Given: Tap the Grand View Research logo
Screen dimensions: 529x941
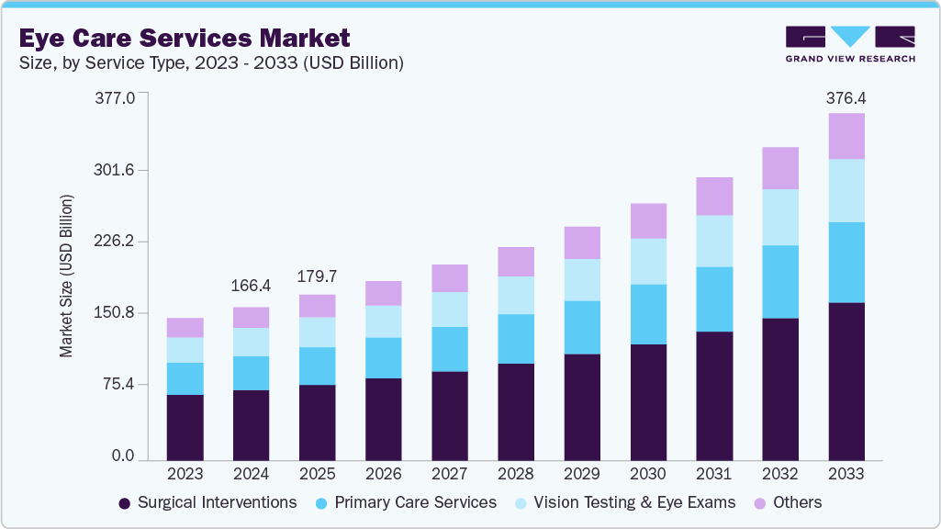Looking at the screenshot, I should (x=849, y=43).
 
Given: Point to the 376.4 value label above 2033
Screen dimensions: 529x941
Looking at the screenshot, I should (x=846, y=97).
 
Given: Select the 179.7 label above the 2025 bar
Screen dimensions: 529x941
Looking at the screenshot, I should (x=317, y=276).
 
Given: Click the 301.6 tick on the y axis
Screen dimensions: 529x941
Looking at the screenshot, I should (x=115, y=171).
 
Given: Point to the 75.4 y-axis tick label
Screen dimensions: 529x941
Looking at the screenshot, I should (x=118, y=384).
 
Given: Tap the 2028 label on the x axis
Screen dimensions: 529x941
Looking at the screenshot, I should (x=515, y=475).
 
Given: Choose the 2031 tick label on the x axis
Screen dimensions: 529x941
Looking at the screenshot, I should (x=714, y=475).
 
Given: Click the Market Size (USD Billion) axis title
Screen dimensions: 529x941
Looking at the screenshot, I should (x=67, y=276).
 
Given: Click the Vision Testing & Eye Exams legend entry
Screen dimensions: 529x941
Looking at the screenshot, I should (x=624, y=502).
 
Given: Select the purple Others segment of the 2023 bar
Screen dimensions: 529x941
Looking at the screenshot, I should (x=185, y=328).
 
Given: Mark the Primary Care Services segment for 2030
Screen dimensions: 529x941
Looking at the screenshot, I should (x=648, y=314).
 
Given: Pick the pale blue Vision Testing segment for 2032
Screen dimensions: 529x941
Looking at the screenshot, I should (x=780, y=218).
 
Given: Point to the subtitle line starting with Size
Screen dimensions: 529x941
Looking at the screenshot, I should (x=211, y=62).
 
